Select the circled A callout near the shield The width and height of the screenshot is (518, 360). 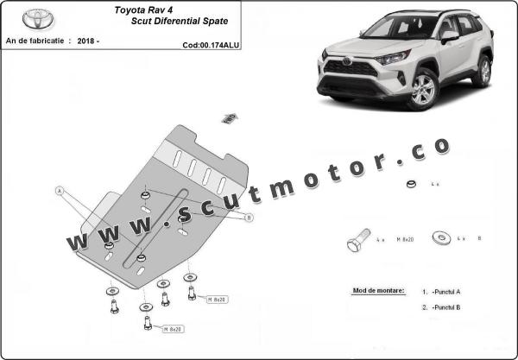pyautogui.click(x=60, y=190)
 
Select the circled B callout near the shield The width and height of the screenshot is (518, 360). pyautogui.click(x=249, y=218)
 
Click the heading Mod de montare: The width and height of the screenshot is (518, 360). pyautogui.click(x=378, y=291)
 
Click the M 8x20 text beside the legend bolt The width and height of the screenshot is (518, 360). pyautogui.click(x=406, y=238)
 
